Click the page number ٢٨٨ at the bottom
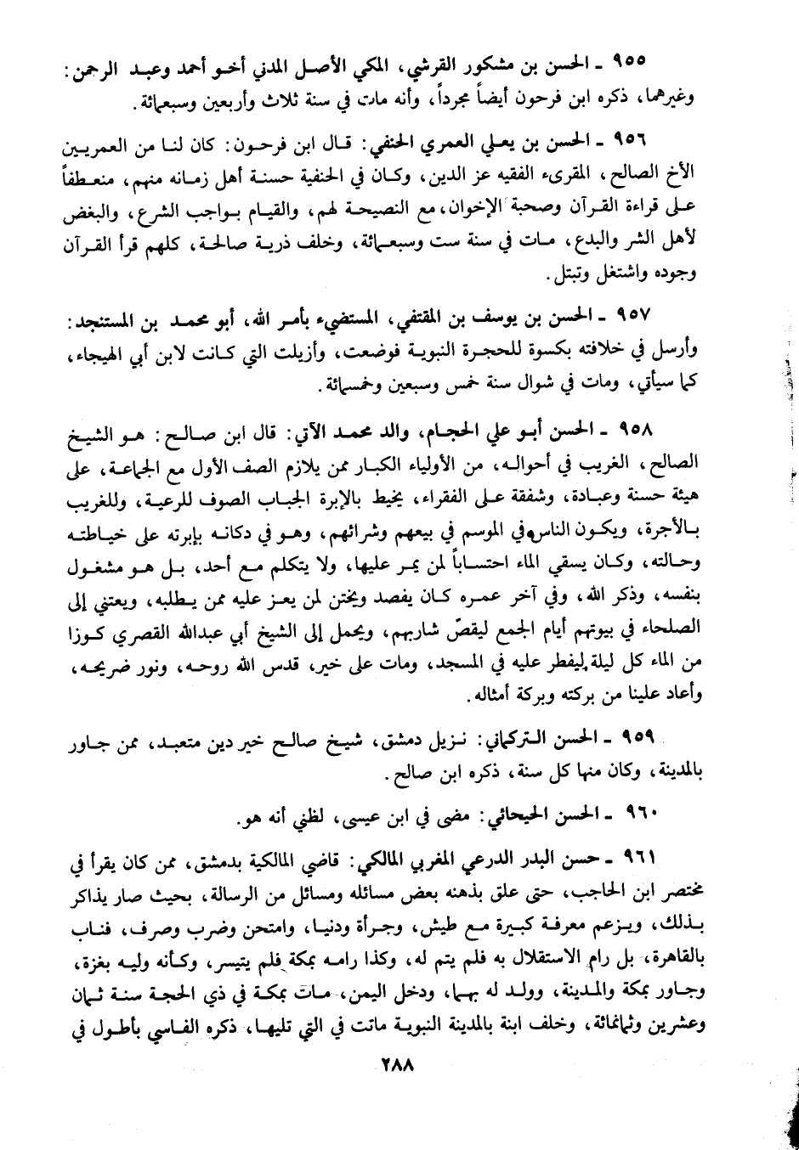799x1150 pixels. pyautogui.click(x=392, y=1064)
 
